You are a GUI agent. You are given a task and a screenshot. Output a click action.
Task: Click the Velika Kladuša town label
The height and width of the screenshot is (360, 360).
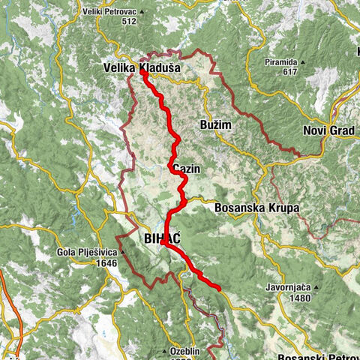[140, 67]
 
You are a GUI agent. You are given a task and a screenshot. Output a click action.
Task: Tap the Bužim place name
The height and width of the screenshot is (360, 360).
[217, 124]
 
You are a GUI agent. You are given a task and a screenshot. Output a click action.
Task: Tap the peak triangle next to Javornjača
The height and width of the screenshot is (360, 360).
[317, 287]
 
